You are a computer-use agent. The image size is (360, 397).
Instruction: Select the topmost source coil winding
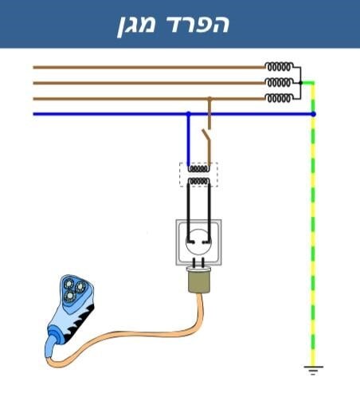point(279,67)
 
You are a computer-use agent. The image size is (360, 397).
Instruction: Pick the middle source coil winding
point(279,83)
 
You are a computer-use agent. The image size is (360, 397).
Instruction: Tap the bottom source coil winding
point(279,98)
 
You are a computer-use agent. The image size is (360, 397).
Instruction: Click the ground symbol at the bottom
point(314,370)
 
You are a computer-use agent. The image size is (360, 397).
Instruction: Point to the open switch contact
point(206,138)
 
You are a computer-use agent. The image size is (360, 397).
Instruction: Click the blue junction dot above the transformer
point(189,114)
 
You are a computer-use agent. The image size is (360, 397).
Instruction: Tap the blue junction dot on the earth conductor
point(313,114)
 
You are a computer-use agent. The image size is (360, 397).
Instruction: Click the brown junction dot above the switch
point(209,99)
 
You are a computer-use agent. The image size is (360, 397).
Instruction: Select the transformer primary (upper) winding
point(198,168)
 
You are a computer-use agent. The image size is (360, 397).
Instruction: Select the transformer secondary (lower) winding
point(198,182)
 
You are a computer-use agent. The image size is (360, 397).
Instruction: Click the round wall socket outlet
point(198,242)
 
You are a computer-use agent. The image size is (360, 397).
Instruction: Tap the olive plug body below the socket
point(198,281)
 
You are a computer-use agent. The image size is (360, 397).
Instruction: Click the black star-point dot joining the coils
point(300,83)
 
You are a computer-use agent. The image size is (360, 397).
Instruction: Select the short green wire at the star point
point(308,83)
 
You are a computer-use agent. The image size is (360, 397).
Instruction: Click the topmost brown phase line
point(149,68)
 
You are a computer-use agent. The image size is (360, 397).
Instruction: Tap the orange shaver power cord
point(127,336)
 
